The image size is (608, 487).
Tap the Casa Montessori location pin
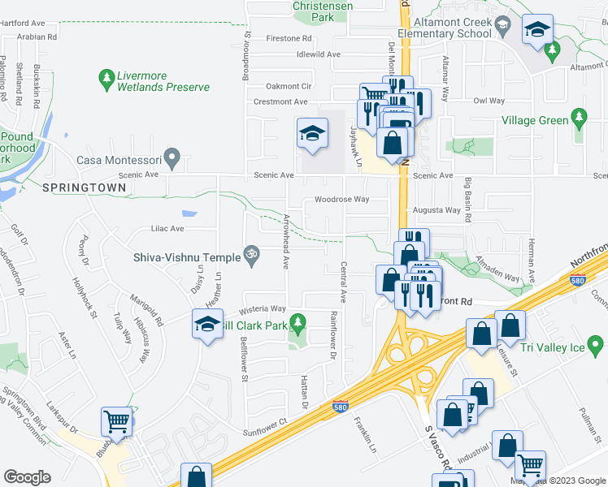tap(171, 154)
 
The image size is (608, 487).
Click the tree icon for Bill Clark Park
tap(297, 325)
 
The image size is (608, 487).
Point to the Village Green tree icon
tap(579, 119)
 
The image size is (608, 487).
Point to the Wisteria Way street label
tap(262, 308)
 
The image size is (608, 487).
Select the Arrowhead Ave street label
tap(286, 240)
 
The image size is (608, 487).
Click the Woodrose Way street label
tap(341, 199)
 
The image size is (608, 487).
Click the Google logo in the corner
tap(28, 477)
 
